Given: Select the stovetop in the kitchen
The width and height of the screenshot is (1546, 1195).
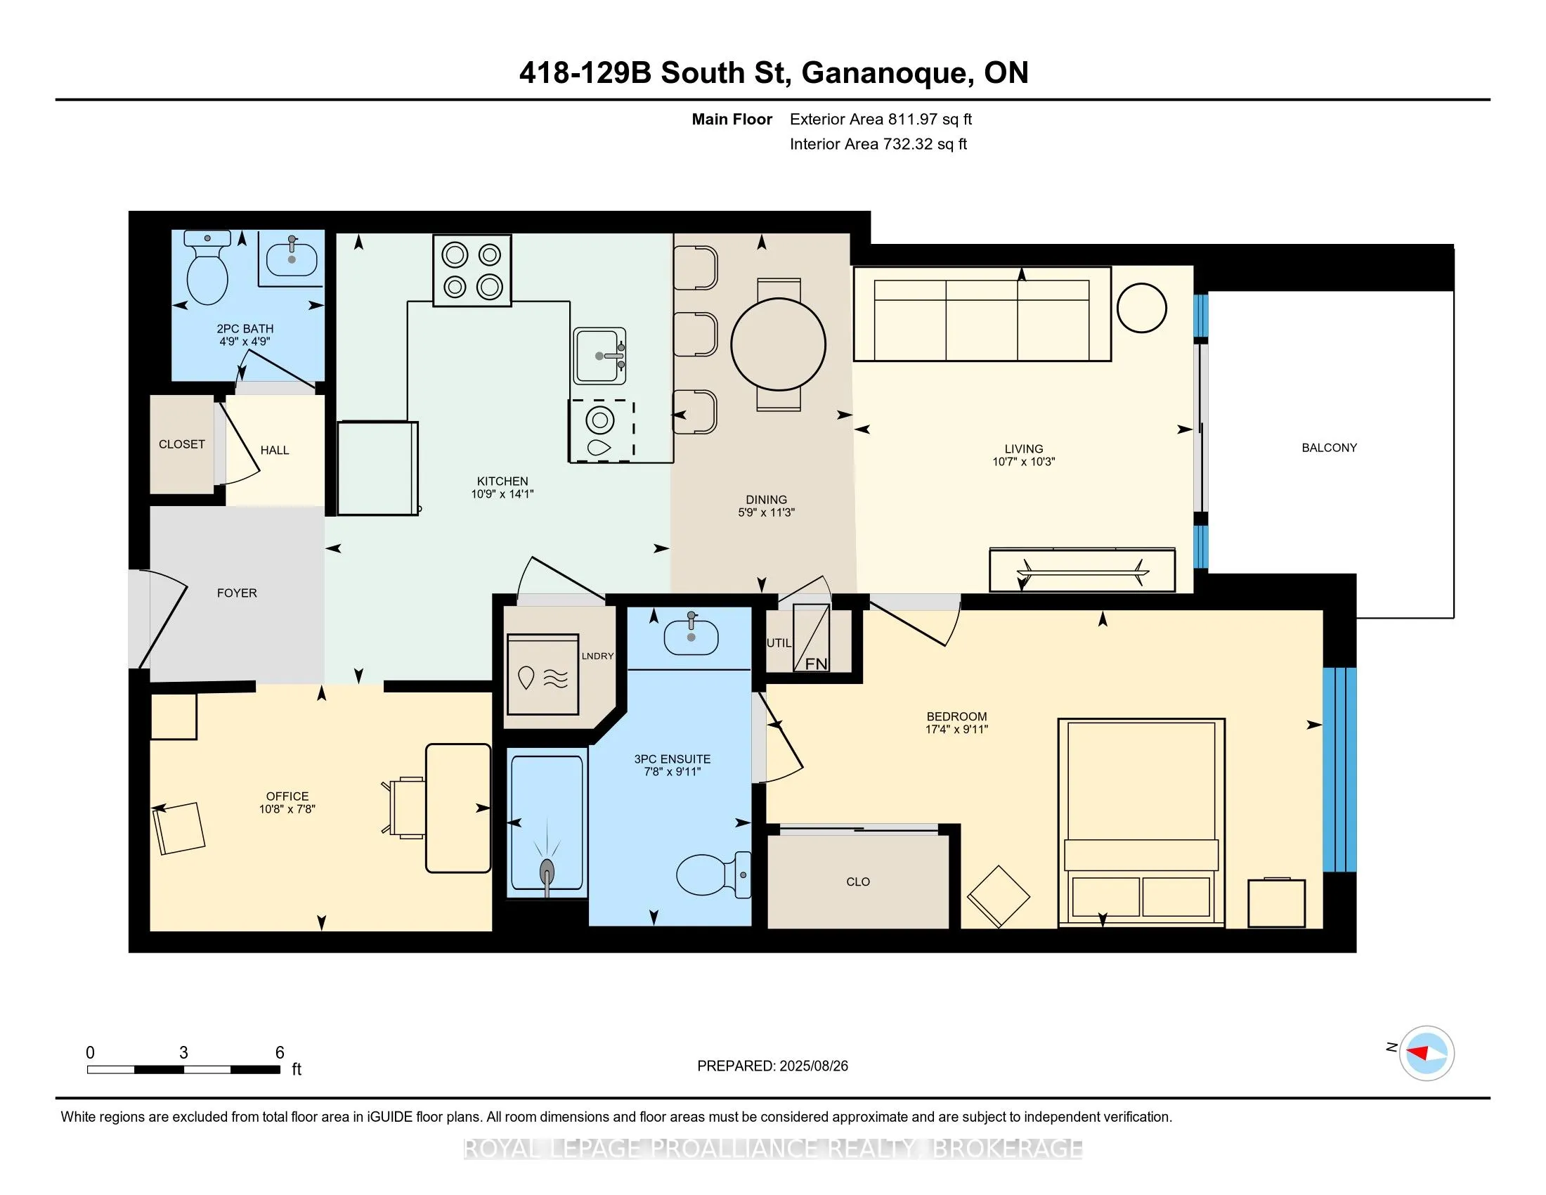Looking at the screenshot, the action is [472, 271].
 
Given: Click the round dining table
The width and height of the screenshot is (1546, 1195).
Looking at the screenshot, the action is [778, 344].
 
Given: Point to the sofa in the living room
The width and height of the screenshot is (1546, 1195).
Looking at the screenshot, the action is [982, 314].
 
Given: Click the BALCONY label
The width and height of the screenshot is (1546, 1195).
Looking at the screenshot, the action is [1329, 447].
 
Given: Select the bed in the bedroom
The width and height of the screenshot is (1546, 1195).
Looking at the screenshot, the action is [1141, 822].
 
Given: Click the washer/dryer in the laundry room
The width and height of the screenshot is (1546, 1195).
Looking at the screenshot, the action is [543, 674].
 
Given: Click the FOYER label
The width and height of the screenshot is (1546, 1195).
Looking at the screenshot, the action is [237, 593].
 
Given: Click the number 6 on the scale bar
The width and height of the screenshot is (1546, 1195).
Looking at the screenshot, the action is [280, 1053].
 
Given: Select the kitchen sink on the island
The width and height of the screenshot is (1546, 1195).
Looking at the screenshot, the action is [599, 356].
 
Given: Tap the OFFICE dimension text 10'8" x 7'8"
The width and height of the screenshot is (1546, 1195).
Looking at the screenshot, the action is [287, 808].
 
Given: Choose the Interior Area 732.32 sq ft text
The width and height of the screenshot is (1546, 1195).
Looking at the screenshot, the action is [878, 144].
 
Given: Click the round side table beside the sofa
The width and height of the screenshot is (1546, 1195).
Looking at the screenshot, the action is [1141, 307].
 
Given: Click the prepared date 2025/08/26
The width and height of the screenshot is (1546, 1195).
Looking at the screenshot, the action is [812, 1066].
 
